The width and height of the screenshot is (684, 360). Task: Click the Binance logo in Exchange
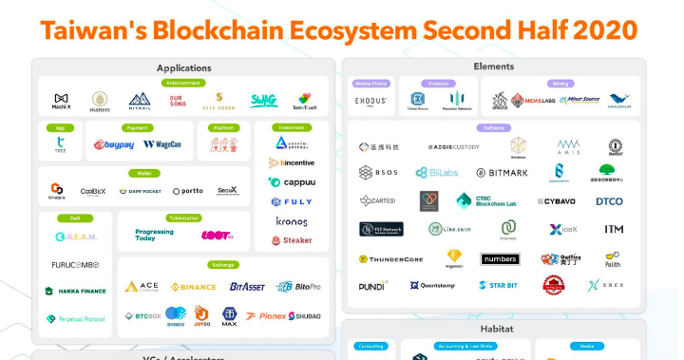tap(194, 286)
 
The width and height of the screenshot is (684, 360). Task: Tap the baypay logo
tap(113, 145)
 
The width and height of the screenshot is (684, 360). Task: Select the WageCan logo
tap(162, 145)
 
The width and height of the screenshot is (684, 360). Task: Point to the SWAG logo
tap(263, 101)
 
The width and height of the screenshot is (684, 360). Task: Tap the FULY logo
tap(291, 201)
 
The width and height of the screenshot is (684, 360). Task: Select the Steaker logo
tap(291, 240)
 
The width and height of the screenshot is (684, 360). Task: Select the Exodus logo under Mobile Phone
tap(370, 100)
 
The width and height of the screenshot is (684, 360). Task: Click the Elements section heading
tap(493, 67)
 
